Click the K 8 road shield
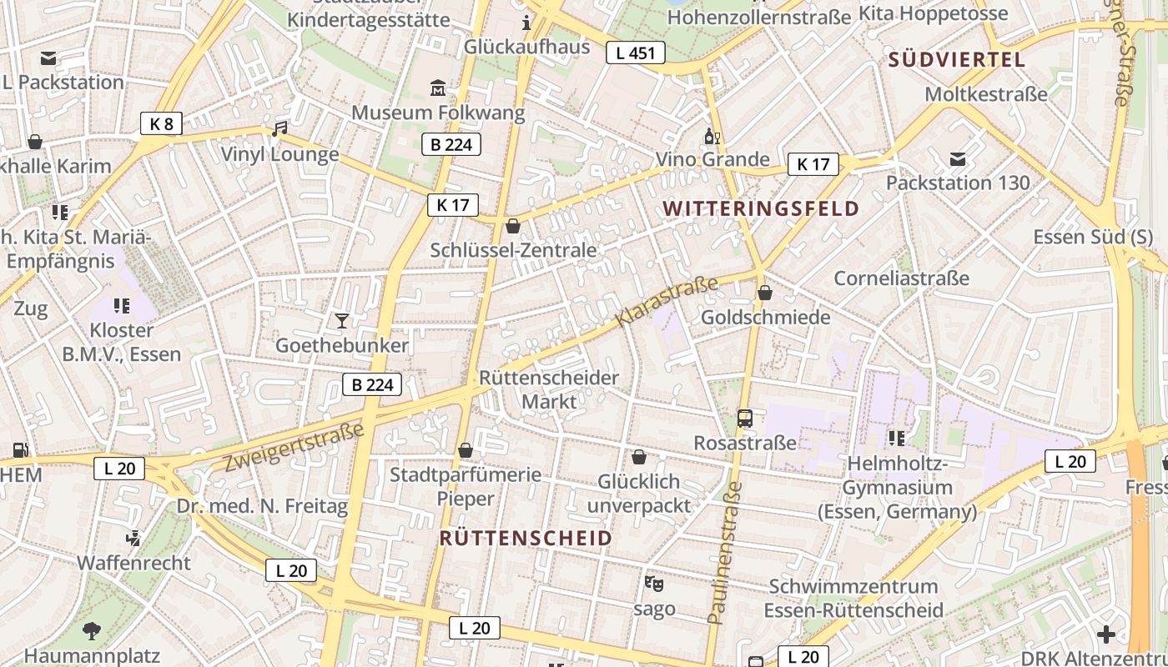(x=161, y=124)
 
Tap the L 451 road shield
(x=635, y=53)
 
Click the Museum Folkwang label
(x=438, y=112)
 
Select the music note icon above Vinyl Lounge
(x=279, y=129)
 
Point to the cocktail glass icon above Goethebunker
(x=341, y=320)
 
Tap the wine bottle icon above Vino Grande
(x=712, y=136)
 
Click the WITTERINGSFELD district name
(x=761, y=208)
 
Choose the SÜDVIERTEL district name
(x=956, y=59)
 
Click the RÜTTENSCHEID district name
(x=526, y=538)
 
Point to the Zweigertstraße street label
(x=294, y=447)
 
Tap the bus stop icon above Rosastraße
(x=745, y=419)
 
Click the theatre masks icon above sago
(x=653, y=583)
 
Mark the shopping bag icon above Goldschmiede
(x=765, y=293)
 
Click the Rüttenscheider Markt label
(x=549, y=389)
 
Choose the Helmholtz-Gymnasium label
(x=897, y=488)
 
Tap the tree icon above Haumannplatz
(x=92, y=630)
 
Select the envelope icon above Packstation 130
(x=958, y=158)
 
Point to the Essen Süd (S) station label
(x=1093, y=236)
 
